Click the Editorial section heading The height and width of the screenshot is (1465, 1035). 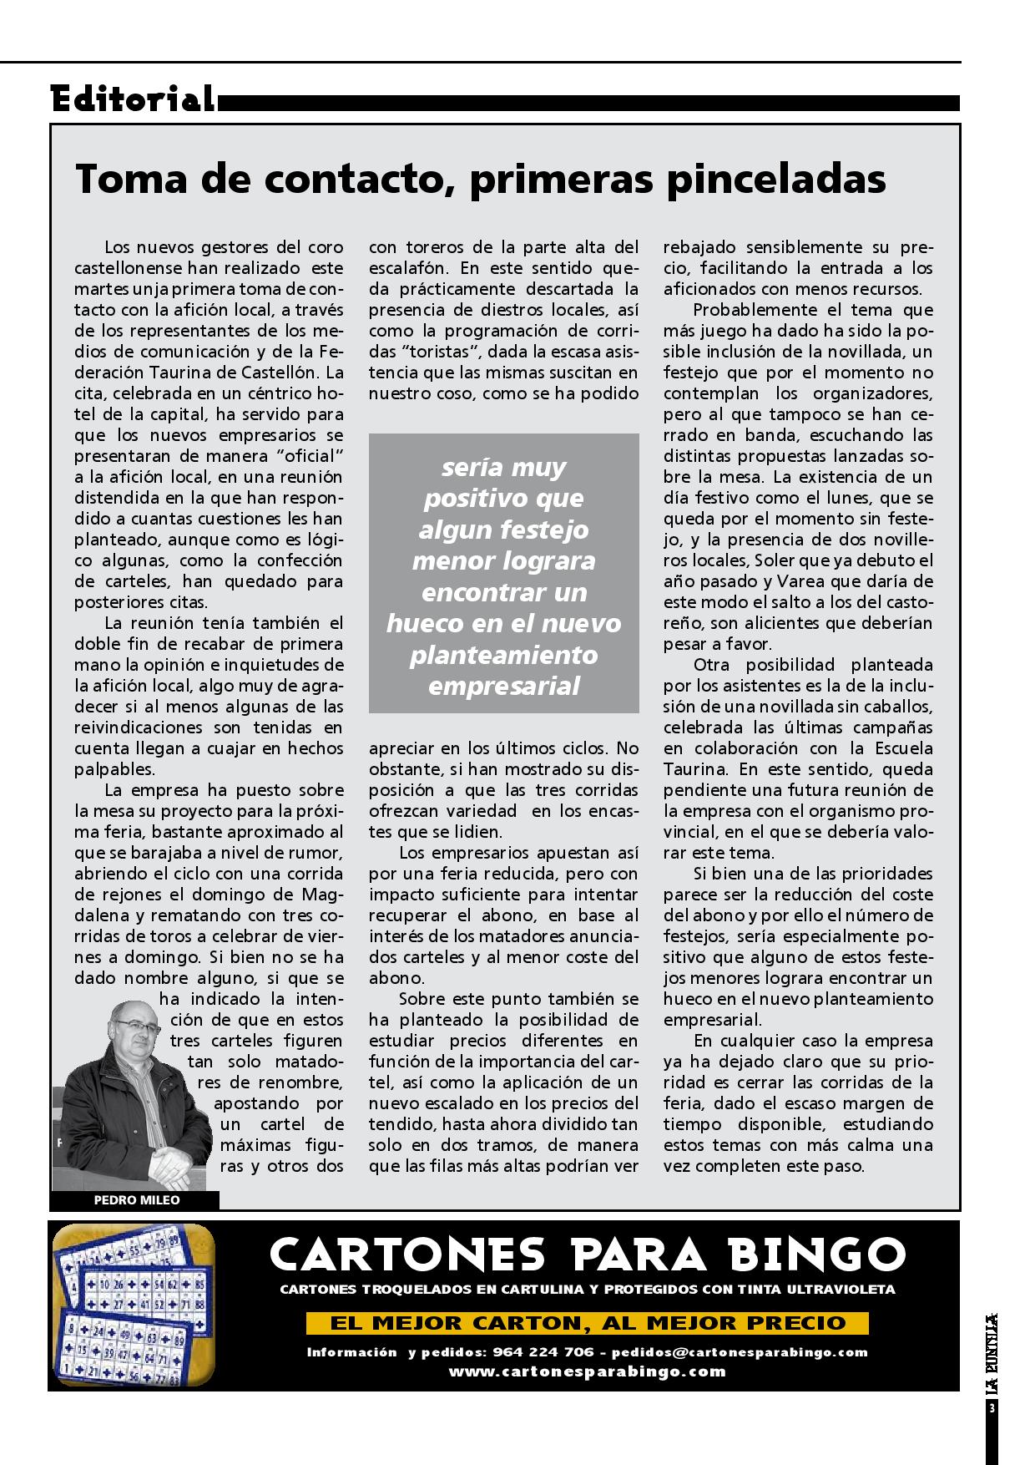[132, 99]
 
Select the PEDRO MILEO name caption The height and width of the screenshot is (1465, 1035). [137, 1200]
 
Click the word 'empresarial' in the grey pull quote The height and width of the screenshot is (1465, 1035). [503, 687]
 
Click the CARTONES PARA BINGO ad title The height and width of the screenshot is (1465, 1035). [587, 1255]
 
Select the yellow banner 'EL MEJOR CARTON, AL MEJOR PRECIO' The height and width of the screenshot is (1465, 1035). [588, 1323]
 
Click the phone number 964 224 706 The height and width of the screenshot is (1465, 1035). [543, 1351]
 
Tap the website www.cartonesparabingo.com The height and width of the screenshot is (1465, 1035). [587, 1371]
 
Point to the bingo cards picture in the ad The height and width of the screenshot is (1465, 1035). [133, 1306]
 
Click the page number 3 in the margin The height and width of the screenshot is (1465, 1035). [992, 1408]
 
